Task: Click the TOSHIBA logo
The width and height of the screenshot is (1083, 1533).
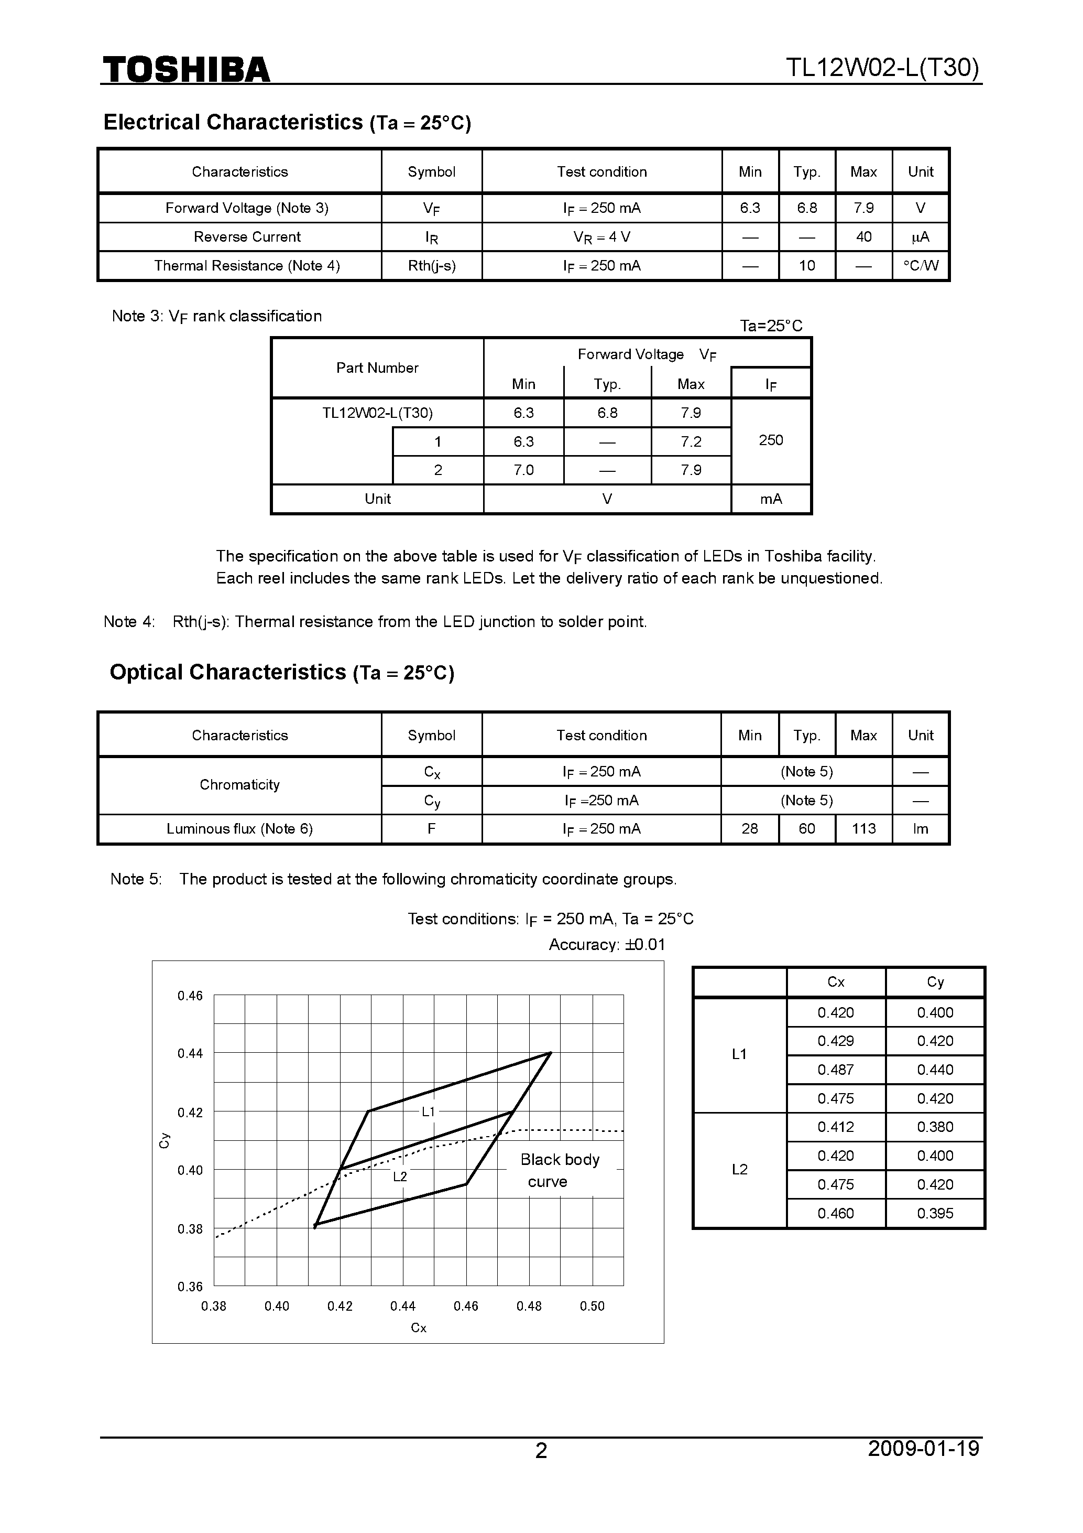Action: click(x=186, y=69)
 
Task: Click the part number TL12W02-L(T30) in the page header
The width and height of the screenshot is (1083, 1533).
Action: click(x=882, y=68)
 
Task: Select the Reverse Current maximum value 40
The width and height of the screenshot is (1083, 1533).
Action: click(x=863, y=236)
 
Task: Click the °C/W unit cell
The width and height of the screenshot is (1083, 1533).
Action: click(x=920, y=266)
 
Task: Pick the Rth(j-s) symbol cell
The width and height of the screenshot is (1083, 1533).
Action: click(x=432, y=266)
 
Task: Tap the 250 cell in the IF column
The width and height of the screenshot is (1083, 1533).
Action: click(x=771, y=440)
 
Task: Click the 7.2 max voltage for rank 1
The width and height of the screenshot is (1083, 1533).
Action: click(x=691, y=441)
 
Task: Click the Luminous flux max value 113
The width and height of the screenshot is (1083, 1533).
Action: click(x=863, y=828)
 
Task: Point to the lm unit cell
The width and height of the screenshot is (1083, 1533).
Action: click(x=920, y=828)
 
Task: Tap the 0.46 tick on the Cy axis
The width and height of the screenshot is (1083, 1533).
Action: click(x=190, y=996)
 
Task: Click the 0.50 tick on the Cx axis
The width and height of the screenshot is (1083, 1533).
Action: click(x=592, y=1306)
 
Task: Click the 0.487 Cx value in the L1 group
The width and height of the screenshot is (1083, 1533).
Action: click(x=836, y=1070)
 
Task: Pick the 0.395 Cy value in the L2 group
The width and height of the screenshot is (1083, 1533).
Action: click(x=935, y=1213)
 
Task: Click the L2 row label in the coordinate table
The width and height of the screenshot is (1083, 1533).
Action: click(x=739, y=1169)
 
